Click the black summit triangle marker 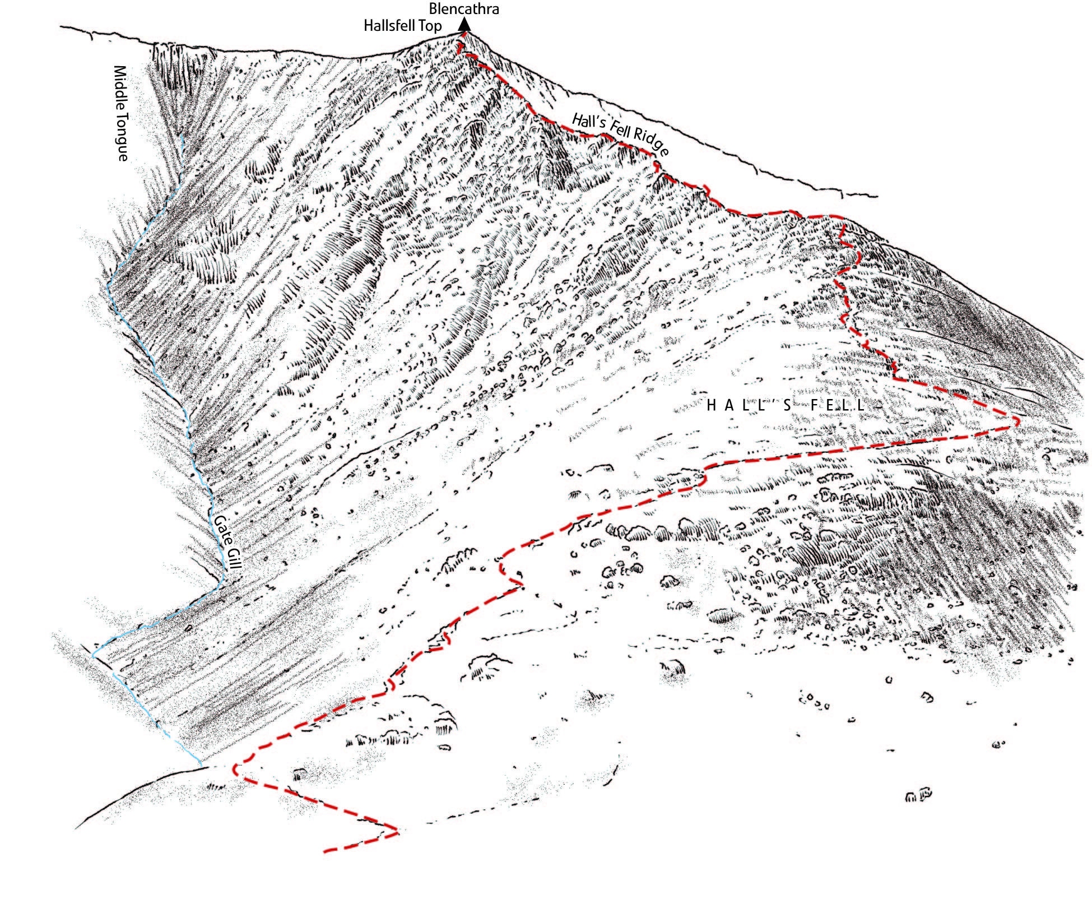(463, 25)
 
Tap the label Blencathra (463, 9)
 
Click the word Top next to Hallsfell (431, 26)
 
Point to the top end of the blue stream (183, 135)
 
